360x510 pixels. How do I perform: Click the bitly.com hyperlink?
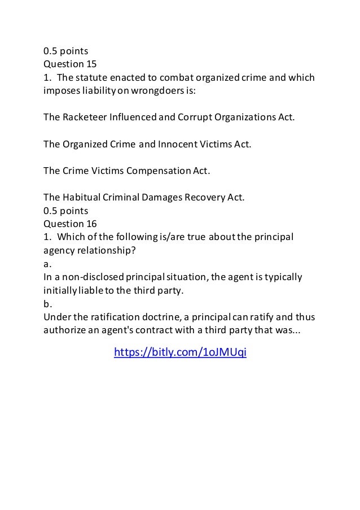coord(180,352)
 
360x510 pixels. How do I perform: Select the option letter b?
coord(46,303)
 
